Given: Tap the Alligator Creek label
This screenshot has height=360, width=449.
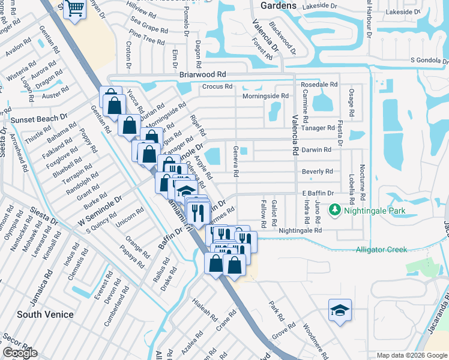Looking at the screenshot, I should pyautogui.click(x=381, y=250).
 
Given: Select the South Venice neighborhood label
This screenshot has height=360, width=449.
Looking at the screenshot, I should pyautogui.click(x=45, y=314).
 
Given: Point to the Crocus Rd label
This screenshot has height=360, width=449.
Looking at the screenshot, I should pyautogui.click(x=217, y=86).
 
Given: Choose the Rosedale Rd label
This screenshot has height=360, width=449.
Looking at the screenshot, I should pyautogui.click(x=318, y=85).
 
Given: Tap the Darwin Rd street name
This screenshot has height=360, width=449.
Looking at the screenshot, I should pyautogui.click(x=316, y=149).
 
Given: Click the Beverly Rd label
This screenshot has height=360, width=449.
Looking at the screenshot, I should pyautogui.click(x=317, y=172).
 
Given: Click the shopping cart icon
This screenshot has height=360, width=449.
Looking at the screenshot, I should pyautogui.click(x=75, y=9).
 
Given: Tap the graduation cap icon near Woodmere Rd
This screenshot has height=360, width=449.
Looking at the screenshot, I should pyautogui.click(x=340, y=311).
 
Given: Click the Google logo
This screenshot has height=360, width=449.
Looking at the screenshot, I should pyautogui.click(x=20, y=353).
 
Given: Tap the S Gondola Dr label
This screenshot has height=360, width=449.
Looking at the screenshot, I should pyautogui.click(x=429, y=60).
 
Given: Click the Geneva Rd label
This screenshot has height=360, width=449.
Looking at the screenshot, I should pyautogui.click(x=237, y=162).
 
